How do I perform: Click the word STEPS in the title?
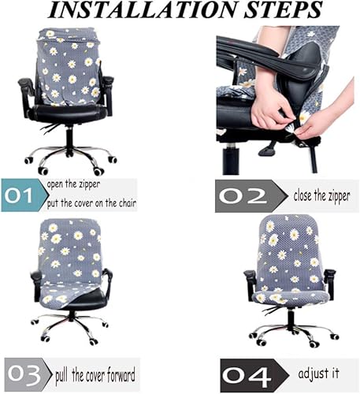pyautogui.click(x=275, y=12)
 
